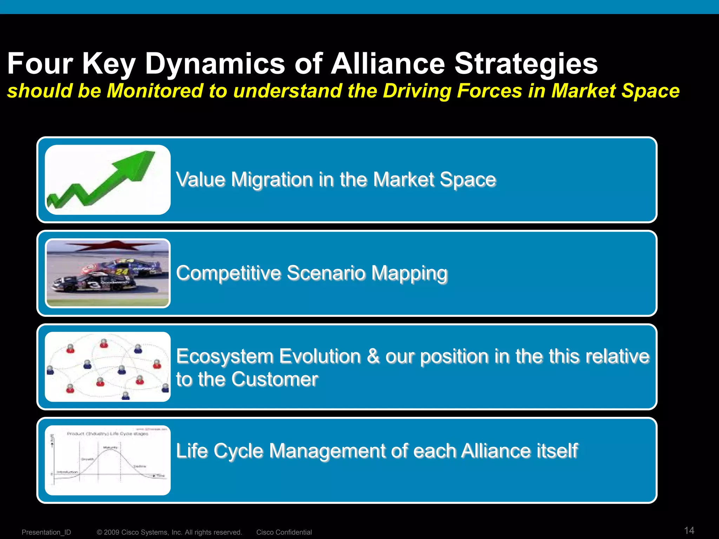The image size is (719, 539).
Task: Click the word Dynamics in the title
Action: (x=215, y=64)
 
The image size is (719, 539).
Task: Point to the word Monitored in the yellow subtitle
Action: (x=155, y=91)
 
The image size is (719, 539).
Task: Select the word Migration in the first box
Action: (x=272, y=180)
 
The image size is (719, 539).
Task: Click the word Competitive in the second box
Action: (x=228, y=273)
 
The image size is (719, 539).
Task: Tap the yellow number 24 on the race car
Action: (x=121, y=272)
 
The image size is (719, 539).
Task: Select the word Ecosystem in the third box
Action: (x=225, y=357)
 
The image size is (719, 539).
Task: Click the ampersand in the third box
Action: (x=373, y=357)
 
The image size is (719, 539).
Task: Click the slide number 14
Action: (x=689, y=530)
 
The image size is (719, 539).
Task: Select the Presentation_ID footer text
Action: (x=46, y=532)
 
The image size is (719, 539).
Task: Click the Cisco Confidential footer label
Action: (x=284, y=532)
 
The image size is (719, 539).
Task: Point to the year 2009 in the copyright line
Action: (x=112, y=532)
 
